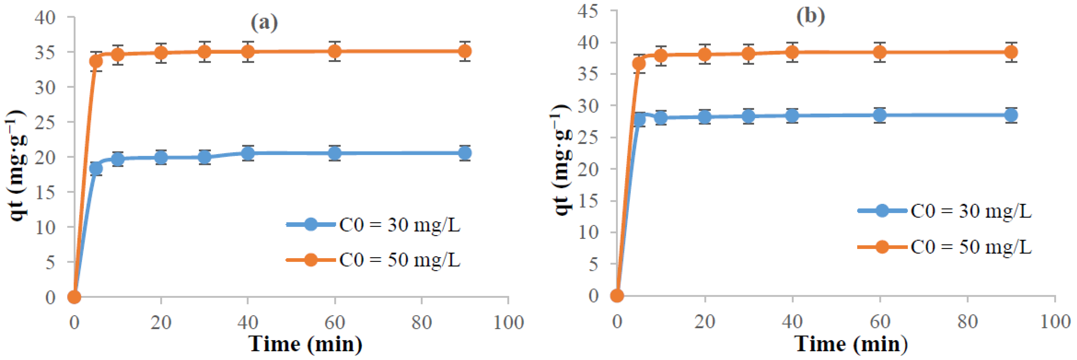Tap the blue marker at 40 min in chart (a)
tap(248, 153)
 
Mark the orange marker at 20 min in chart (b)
tap(705, 54)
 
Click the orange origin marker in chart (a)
tap(74, 297)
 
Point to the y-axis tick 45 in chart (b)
tap(587, 11)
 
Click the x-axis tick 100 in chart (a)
tap(508, 322)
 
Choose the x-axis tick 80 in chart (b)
tap(967, 321)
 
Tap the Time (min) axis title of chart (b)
tap(851, 344)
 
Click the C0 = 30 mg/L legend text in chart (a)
tap(399, 225)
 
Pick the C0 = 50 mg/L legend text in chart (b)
tap(971, 247)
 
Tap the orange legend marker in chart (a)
tap(311, 260)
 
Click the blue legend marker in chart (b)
tap(882, 210)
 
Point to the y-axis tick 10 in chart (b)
tap(587, 232)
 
